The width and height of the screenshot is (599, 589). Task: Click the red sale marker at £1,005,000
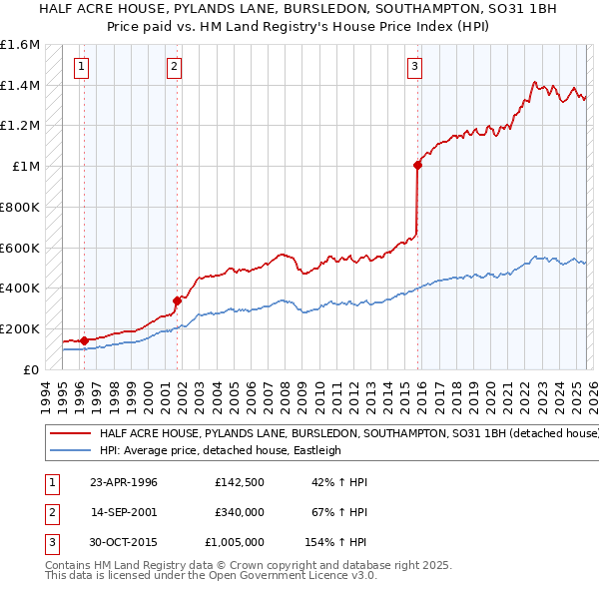[x=417, y=166]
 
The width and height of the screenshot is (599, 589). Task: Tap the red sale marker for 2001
[x=177, y=299]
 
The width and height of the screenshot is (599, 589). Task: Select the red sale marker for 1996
[x=84, y=339]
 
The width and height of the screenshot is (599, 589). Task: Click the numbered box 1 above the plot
[x=81, y=67]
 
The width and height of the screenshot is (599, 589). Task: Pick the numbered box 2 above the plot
[x=174, y=67]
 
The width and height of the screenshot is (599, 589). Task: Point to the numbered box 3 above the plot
[x=413, y=67]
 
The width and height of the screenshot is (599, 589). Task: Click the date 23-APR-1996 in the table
[x=124, y=482]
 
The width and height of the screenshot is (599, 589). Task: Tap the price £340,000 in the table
[x=240, y=512]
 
